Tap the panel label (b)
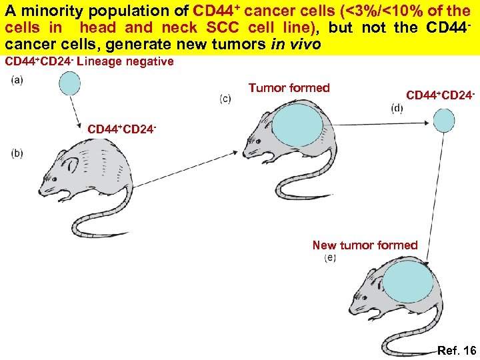[17, 153]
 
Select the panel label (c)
[225, 99]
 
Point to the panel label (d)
[397, 109]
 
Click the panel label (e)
[329, 257]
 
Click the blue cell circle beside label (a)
[69, 83]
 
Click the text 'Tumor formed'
[289, 88]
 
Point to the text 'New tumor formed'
[365, 245]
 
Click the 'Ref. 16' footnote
[457, 351]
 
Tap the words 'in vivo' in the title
[295, 43]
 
